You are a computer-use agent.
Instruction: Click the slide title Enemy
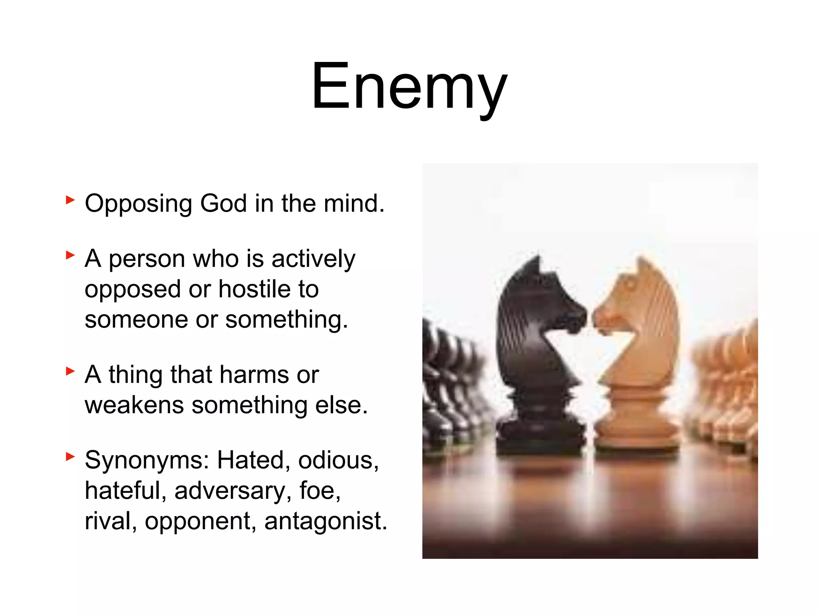[x=409, y=86]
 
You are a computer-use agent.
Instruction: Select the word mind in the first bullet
[x=353, y=203]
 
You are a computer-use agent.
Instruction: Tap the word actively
[x=314, y=259]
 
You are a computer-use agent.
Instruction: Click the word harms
[x=254, y=375]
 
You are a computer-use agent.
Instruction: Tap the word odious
[x=338, y=460]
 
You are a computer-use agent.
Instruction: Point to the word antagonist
[x=326, y=521]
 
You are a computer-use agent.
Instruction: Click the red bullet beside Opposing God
[x=70, y=199]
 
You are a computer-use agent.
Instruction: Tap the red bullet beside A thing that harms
[x=70, y=371]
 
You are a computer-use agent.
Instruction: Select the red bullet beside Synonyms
[x=70, y=456]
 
